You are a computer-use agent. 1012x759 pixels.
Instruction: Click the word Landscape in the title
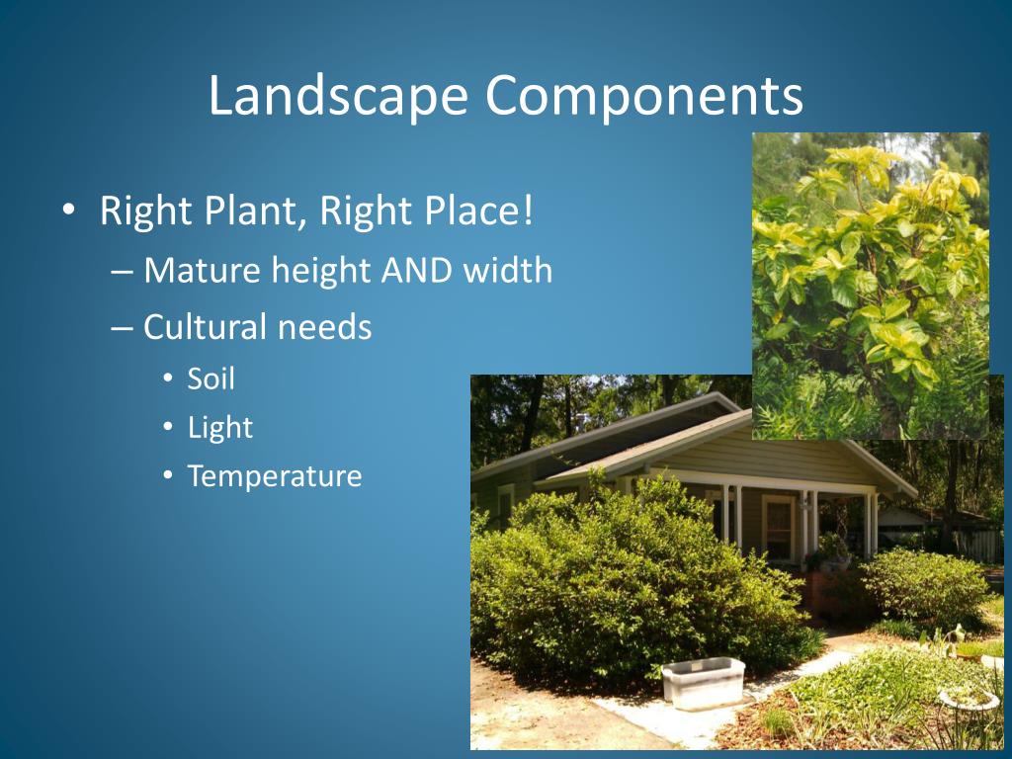point(338,97)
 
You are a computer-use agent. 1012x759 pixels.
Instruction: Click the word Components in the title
point(643,97)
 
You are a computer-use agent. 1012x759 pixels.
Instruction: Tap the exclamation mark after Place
point(528,211)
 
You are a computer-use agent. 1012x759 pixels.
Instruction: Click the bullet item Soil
point(211,379)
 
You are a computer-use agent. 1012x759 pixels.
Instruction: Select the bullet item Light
point(219,428)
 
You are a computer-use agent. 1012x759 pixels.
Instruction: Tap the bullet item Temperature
point(275,477)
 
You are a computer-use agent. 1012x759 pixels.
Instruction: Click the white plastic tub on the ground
point(703,682)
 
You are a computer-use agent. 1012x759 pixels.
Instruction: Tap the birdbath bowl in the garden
point(969,698)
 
